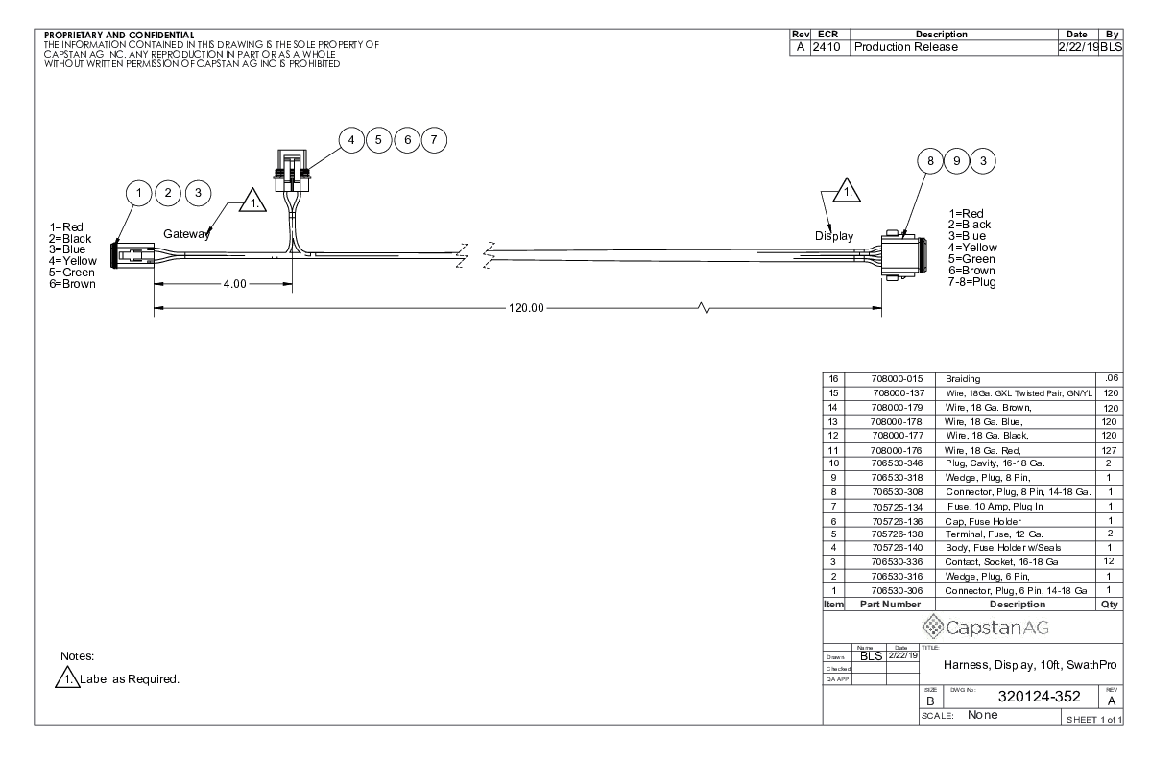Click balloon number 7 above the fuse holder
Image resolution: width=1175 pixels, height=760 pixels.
pyautogui.click(x=434, y=140)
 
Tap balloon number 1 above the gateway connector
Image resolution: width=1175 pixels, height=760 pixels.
pyautogui.click(x=141, y=194)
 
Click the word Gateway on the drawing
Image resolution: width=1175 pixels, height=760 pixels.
pyautogui.click(x=186, y=234)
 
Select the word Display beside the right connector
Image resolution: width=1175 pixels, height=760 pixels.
pyautogui.click(x=834, y=235)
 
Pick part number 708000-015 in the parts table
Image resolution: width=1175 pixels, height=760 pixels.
pyautogui.click(x=882, y=380)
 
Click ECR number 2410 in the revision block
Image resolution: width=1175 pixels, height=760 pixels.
pyautogui.click(x=829, y=46)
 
